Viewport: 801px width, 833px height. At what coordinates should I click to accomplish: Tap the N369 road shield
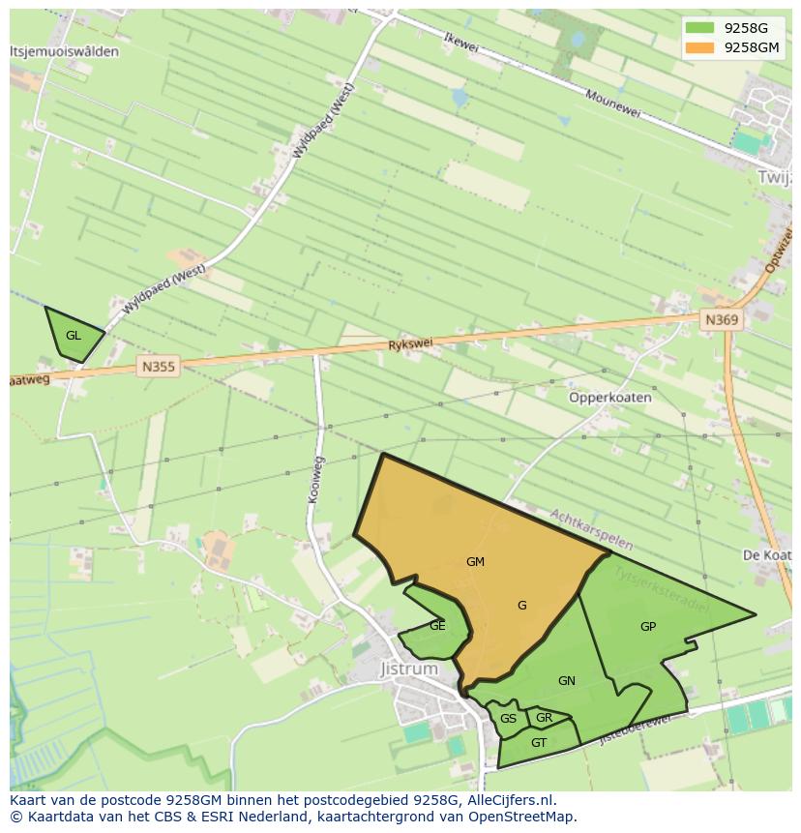pyautogui.click(x=722, y=320)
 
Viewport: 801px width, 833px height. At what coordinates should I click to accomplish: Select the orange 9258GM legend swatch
pyautogui.click(x=699, y=47)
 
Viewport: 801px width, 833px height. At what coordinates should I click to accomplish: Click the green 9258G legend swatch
pyautogui.click(x=699, y=28)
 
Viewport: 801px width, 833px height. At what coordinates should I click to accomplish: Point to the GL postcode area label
pyautogui.click(x=74, y=336)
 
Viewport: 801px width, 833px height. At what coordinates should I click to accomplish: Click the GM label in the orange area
pyautogui.click(x=475, y=562)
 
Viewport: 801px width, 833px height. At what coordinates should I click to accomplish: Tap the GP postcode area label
pyautogui.click(x=648, y=627)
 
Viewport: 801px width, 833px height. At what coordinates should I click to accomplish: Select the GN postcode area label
pyautogui.click(x=567, y=681)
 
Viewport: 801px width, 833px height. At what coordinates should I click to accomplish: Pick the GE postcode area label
pyautogui.click(x=437, y=626)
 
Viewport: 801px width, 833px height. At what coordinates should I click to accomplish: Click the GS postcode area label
pyautogui.click(x=508, y=719)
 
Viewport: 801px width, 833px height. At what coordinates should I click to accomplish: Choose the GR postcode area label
pyautogui.click(x=544, y=718)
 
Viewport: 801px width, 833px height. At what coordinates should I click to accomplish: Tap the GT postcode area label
pyautogui.click(x=539, y=743)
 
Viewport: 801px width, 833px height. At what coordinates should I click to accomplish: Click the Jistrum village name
pyautogui.click(x=408, y=669)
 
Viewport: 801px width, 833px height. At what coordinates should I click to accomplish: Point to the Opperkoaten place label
pyautogui.click(x=609, y=398)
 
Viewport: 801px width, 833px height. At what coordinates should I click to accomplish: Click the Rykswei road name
pyautogui.click(x=410, y=343)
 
